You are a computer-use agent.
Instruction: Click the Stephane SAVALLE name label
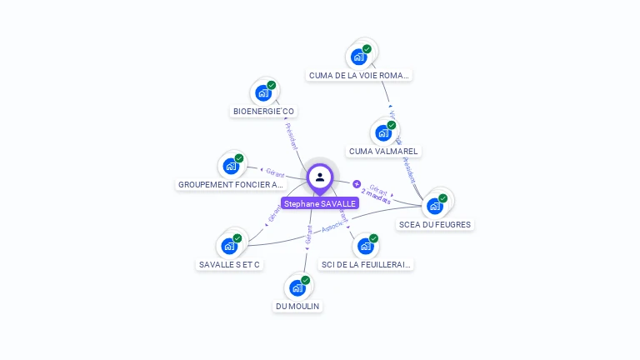(320, 203)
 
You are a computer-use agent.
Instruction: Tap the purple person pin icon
(320, 177)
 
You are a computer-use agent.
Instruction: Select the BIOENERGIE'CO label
(263, 112)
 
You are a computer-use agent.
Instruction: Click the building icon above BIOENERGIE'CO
(263, 92)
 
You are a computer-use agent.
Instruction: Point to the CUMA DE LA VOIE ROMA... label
(359, 75)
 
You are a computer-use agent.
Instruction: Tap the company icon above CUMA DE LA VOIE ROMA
(359, 56)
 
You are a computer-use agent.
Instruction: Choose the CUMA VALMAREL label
(384, 152)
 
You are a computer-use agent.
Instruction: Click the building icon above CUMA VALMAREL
(383, 132)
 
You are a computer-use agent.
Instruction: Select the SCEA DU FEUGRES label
(435, 224)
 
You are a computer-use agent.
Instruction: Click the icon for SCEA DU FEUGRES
(435, 204)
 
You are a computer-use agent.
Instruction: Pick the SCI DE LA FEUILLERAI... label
(367, 265)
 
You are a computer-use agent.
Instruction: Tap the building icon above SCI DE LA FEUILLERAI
(366, 246)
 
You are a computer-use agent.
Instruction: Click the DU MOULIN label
(297, 306)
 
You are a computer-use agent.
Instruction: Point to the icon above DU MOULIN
(297, 287)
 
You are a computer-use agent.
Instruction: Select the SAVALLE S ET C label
(229, 265)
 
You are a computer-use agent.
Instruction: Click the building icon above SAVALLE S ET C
(229, 246)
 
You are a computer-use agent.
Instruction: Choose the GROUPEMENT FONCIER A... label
(231, 184)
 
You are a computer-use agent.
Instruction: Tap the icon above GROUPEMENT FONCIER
(231, 165)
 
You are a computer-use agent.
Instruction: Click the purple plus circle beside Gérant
(357, 184)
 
